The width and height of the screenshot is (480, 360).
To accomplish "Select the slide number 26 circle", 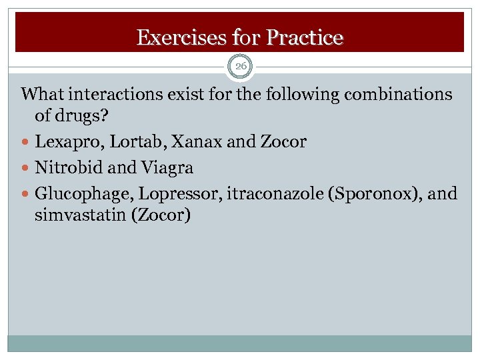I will (240, 66).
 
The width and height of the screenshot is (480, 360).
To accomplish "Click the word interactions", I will (117, 95).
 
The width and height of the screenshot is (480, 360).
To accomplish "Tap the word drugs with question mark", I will (81, 117).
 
